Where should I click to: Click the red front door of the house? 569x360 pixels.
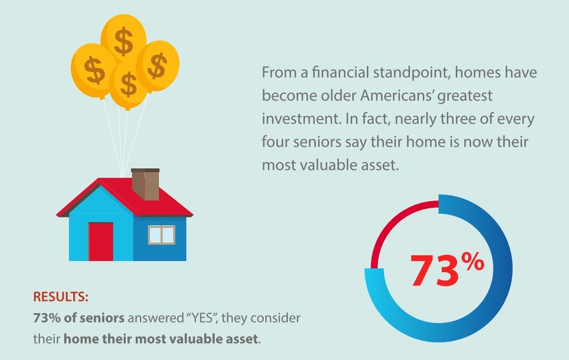point(100,241)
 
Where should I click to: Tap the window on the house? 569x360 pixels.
point(161,235)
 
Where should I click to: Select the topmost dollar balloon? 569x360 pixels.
point(123,39)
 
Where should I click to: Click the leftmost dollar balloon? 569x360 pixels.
point(93,69)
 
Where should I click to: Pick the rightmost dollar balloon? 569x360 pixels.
point(157,65)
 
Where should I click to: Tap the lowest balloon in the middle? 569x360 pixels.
point(129,85)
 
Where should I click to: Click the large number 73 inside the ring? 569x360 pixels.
point(434,270)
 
